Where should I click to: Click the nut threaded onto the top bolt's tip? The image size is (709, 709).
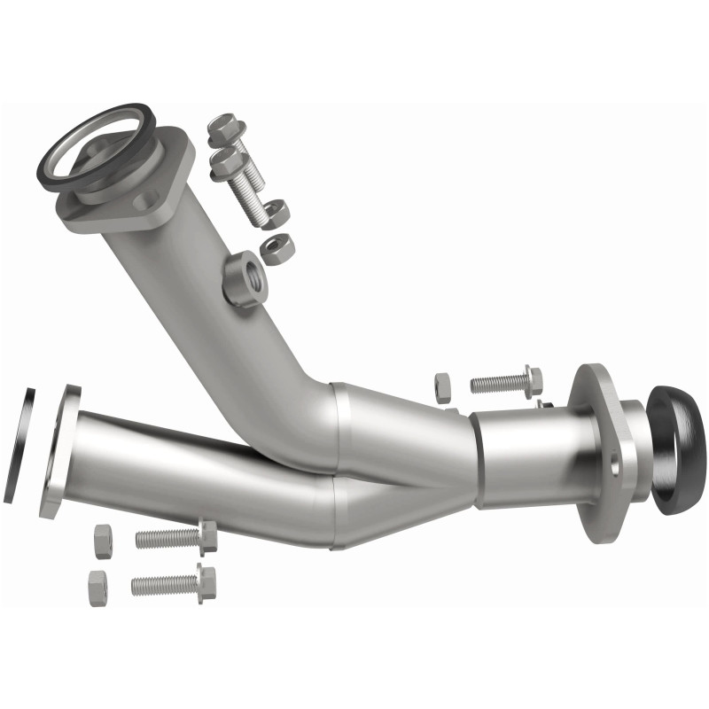tap(276, 214)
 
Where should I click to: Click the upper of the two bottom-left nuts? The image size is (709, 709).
tap(103, 541)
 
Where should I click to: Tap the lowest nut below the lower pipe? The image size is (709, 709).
tap(97, 587)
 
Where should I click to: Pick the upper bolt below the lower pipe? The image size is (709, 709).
tap(177, 537)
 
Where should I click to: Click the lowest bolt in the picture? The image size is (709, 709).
tap(174, 583)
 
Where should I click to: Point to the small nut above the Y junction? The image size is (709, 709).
tap(442, 386)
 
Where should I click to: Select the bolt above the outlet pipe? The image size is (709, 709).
tap(506, 382)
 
